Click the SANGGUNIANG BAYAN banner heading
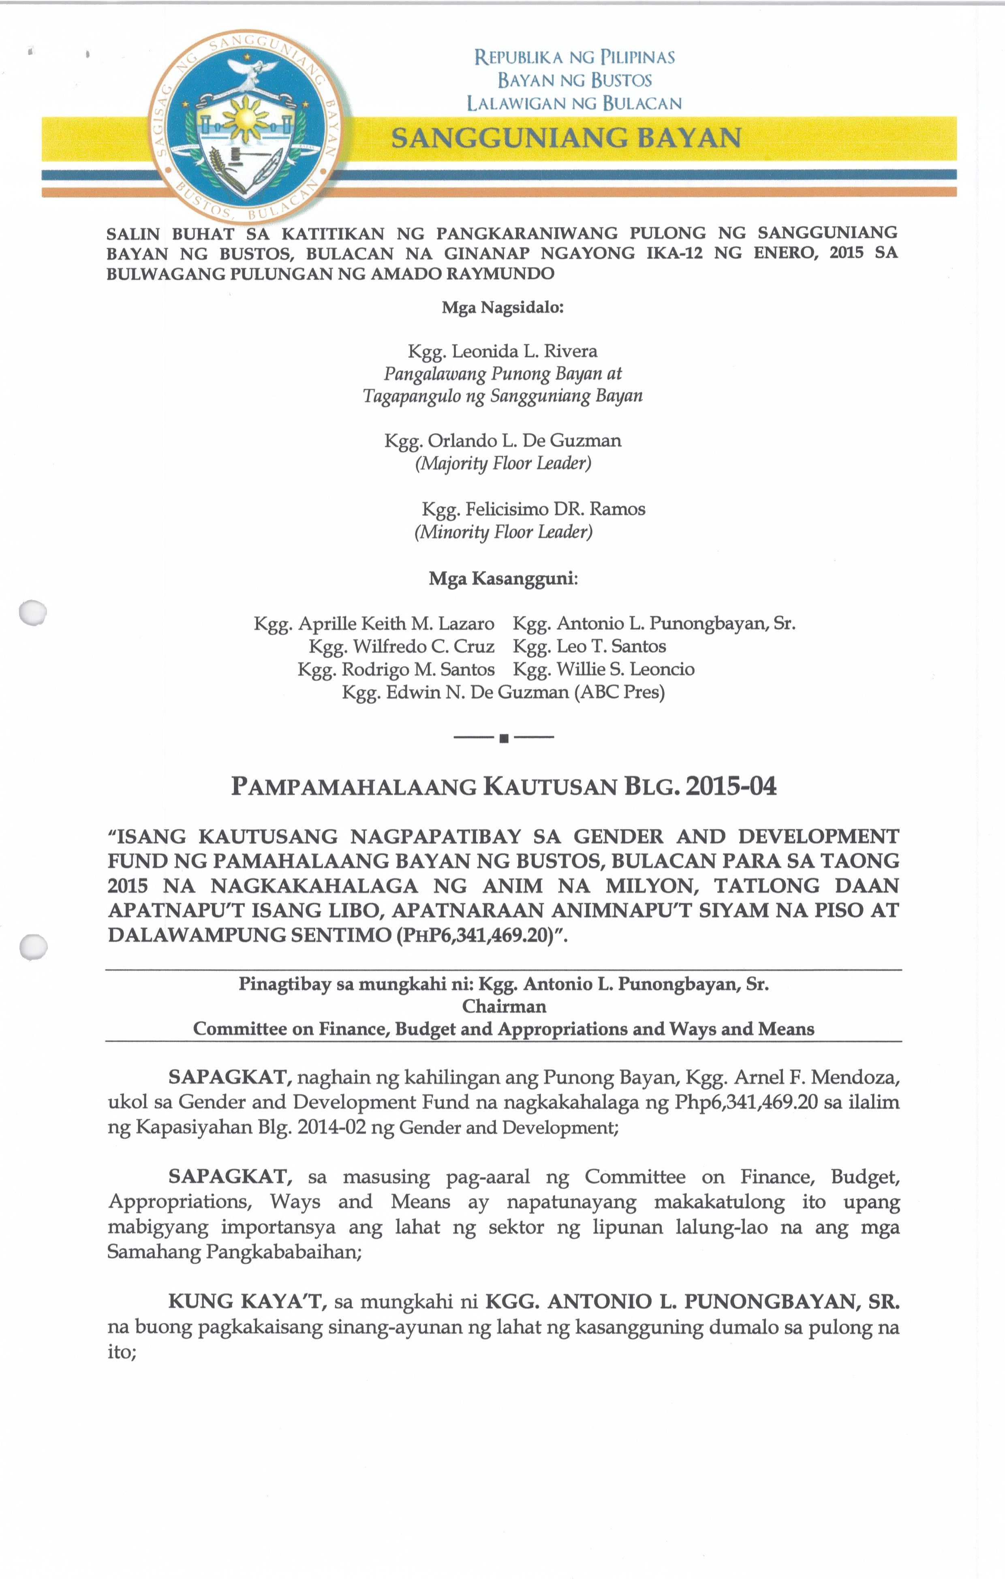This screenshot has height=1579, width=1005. coord(566,138)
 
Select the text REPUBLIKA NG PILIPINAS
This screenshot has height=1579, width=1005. coord(574,58)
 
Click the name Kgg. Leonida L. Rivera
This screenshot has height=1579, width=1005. coord(502,351)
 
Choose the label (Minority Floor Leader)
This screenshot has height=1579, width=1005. coord(503,531)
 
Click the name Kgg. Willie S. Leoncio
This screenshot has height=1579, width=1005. coord(603,669)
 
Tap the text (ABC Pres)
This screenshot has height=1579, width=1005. coord(619,692)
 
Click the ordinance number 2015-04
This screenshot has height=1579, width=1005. coord(731,786)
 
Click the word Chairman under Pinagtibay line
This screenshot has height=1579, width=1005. coord(504,1006)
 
